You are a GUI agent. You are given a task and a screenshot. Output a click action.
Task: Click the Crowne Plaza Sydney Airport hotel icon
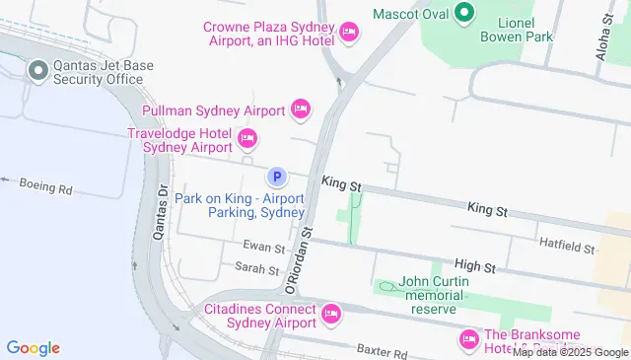(x=348, y=34)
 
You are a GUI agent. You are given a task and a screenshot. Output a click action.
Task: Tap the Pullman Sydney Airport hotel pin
(x=301, y=108)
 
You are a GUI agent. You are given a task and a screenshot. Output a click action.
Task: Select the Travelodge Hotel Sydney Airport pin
(x=246, y=138)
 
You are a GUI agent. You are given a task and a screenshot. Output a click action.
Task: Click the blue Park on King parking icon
(x=277, y=178)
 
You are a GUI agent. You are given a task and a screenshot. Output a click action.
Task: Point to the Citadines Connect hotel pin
(x=331, y=314)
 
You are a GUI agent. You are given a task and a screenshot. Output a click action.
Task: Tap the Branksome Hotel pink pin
(x=468, y=340)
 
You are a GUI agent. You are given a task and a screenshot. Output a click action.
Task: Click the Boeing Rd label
(x=50, y=187)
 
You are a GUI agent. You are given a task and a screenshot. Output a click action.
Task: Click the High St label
(x=474, y=266)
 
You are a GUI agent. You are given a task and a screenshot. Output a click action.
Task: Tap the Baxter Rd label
(x=382, y=352)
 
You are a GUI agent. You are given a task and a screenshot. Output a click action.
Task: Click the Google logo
(x=34, y=347)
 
